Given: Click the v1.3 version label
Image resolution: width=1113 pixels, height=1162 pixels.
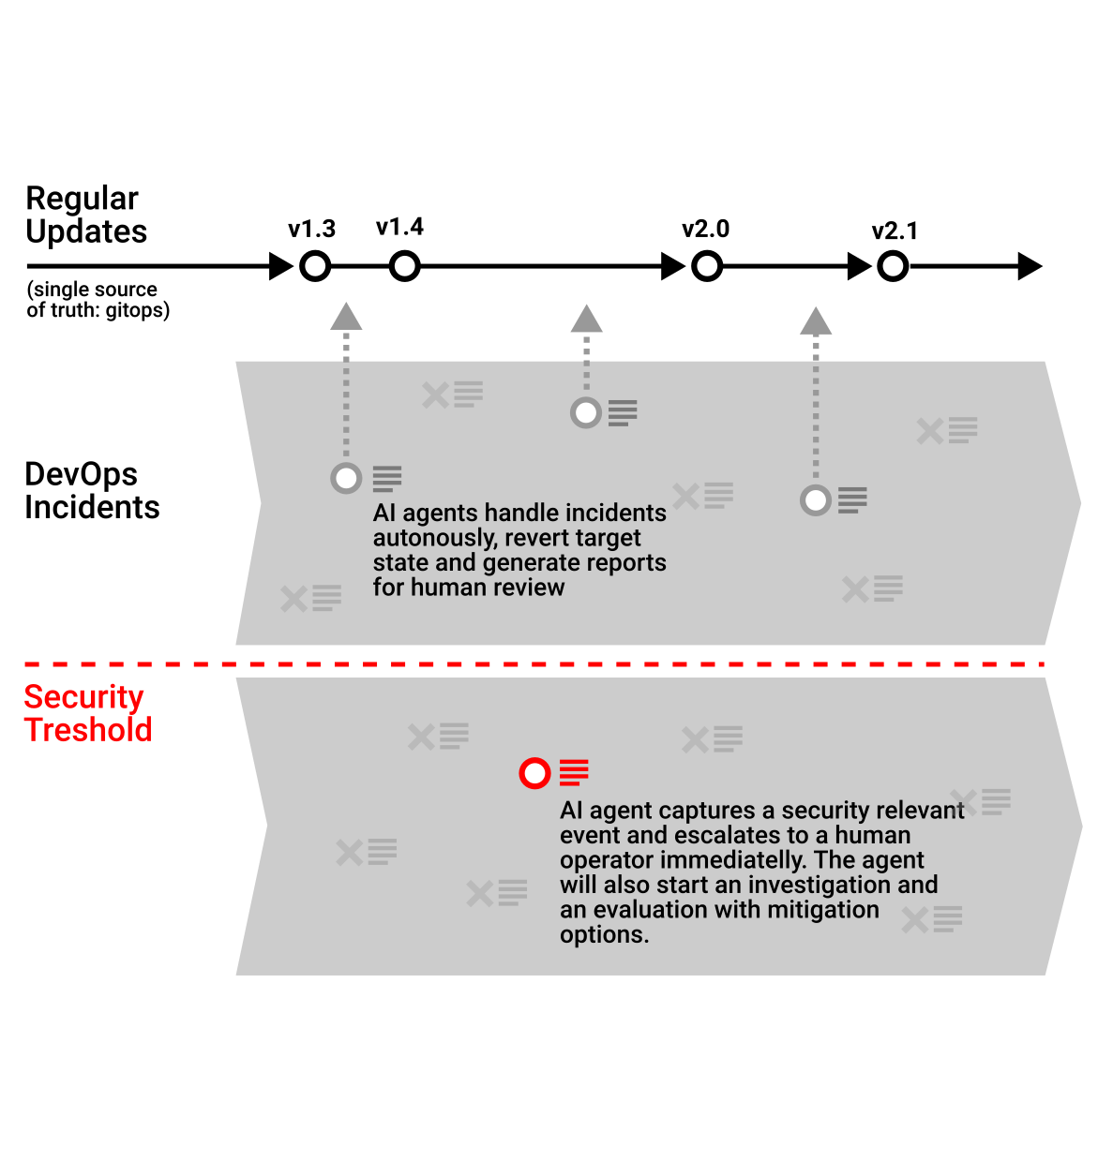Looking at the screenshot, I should (x=311, y=230).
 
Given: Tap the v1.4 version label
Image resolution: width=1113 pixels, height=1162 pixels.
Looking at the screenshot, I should (x=399, y=228).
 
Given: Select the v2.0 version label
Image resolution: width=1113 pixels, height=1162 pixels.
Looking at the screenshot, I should (x=705, y=230).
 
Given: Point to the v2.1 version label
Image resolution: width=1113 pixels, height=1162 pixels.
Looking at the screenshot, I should (x=895, y=231).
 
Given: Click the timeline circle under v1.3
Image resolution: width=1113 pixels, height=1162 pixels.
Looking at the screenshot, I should (x=315, y=267).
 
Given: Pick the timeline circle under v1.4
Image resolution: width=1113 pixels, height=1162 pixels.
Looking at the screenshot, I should (x=404, y=267).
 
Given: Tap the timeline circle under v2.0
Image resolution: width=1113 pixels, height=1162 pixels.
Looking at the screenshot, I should (x=707, y=267).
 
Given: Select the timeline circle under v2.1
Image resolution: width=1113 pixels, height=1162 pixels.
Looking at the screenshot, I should (x=893, y=267).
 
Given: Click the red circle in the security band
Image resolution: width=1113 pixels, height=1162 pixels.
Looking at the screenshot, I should (x=534, y=774).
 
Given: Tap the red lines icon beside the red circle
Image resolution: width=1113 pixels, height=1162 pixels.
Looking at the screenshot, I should (x=574, y=773).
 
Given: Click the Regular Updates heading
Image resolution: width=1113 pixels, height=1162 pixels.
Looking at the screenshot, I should (x=85, y=216).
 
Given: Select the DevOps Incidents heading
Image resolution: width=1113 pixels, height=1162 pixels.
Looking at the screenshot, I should (x=92, y=491).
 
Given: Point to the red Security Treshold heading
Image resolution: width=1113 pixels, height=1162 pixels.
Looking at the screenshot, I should (x=87, y=714).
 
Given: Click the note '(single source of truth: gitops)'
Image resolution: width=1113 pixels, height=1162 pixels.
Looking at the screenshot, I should (x=98, y=300).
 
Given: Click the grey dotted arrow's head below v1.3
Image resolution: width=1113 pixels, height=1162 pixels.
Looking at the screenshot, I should (x=346, y=318).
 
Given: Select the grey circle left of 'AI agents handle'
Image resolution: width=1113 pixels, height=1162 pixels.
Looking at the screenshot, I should (x=346, y=478).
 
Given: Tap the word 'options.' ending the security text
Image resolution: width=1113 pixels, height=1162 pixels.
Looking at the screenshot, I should (x=604, y=935).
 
